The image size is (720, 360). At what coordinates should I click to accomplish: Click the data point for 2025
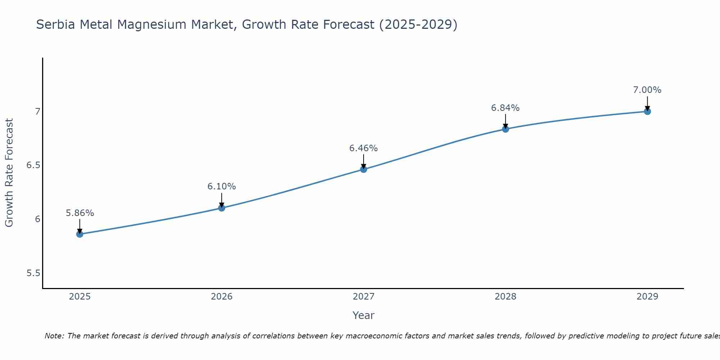[x=80, y=234]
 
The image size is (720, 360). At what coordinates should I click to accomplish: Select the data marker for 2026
[x=221, y=208]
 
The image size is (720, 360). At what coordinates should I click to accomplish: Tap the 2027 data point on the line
[x=364, y=169]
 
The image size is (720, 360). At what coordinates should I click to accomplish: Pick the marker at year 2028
[x=505, y=129]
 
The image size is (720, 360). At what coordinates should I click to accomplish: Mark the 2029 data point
[x=647, y=112]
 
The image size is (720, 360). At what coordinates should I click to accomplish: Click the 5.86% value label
[x=80, y=213]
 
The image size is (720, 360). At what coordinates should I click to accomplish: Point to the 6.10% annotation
[x=221, y=186]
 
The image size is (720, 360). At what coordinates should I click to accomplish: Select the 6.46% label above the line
[x=364, y=148]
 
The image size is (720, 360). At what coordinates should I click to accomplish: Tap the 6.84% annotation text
[x=505, y=108]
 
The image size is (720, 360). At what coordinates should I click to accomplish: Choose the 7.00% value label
[x=647, y=90]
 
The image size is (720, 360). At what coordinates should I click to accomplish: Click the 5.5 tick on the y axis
[x=33, y=273]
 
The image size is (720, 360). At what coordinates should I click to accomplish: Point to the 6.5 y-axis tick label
[x=33, y=166]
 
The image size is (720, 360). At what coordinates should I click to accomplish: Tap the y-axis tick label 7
[x=37, y=112]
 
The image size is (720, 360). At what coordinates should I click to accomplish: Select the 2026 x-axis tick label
[x=221, y=297]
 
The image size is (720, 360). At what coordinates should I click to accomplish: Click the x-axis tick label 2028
[x=505, y=297]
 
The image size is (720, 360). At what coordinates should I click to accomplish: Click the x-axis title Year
[x=364, y=315]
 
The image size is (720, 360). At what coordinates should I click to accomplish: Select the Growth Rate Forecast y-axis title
[x=9, y=173]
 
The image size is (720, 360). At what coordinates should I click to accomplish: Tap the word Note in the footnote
[x=53, y=336]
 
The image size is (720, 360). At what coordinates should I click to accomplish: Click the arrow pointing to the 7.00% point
[x=647, y=103]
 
